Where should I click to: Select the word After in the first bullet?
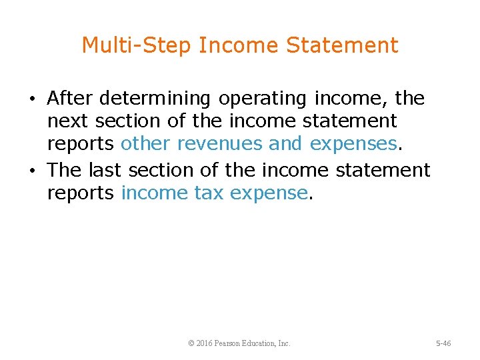pos(70,99)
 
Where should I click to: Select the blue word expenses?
pos(353,145)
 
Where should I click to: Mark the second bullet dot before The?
pos(33,171)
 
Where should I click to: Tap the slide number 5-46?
pos(443,343)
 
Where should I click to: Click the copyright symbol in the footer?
pos(191,343)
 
